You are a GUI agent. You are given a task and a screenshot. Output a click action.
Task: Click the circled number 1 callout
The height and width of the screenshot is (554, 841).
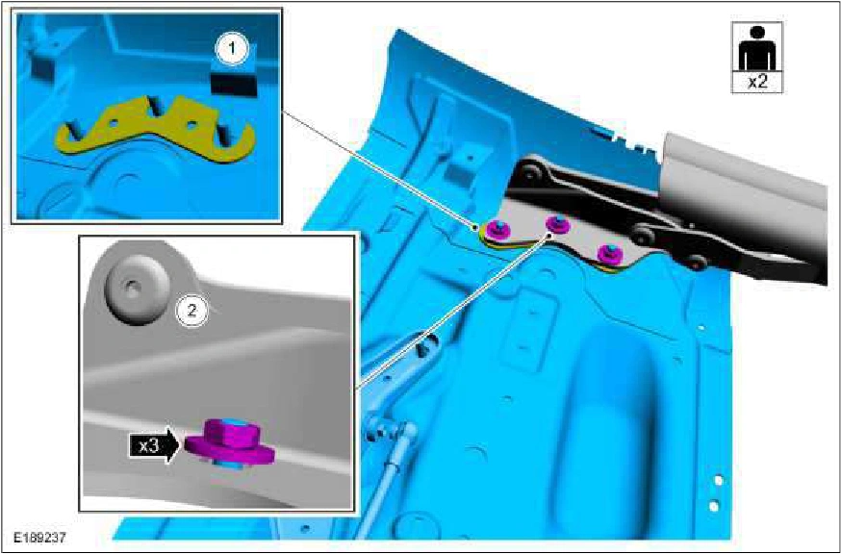pyautogui.click(x=232, y=49)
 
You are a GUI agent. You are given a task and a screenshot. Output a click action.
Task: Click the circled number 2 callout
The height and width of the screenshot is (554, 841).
pyautogui.click(x=192, y=309)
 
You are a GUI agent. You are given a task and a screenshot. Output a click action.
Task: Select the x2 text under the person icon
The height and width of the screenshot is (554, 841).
pyautogui.click(x=756, y=83)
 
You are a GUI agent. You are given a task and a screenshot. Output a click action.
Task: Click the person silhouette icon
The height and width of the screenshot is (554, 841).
pyautogui.click(x=756, y=48)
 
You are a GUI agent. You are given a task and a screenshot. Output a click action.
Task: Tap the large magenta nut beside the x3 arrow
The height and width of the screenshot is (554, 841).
pyautogui.click(x=230, y=443)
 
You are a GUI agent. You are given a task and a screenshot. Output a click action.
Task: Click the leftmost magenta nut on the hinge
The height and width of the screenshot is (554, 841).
pyautogui.click(x=498, y=229)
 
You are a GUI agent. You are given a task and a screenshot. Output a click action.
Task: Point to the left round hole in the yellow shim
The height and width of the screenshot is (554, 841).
pyautogui.click(x=113, y=122)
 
